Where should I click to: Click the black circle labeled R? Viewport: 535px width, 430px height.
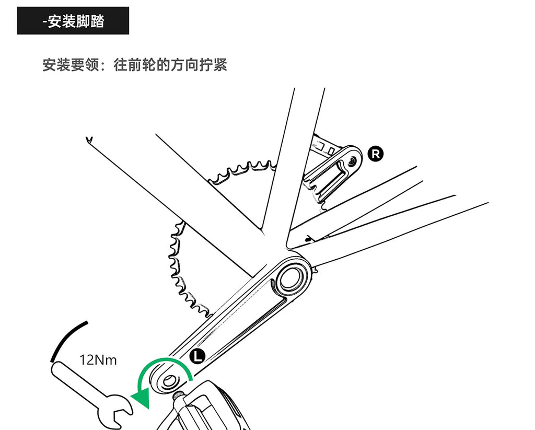pyautogui.click(x=375, y=154)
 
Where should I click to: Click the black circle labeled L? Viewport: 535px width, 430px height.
pyautogui.click(x=197, y=356)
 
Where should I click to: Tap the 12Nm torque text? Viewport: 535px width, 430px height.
pyautogui.click(x=98, y=360)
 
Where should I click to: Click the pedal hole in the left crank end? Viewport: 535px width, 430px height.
pyautogui.click(x=168, y=381)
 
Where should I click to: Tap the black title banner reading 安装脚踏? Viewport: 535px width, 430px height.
pyautogui.click(x=73, y=21)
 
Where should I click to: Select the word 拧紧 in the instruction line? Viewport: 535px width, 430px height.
pyautogui.click(x=213, y=65)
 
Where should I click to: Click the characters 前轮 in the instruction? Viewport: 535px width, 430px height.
pyautogui.click(x=142, y=65)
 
